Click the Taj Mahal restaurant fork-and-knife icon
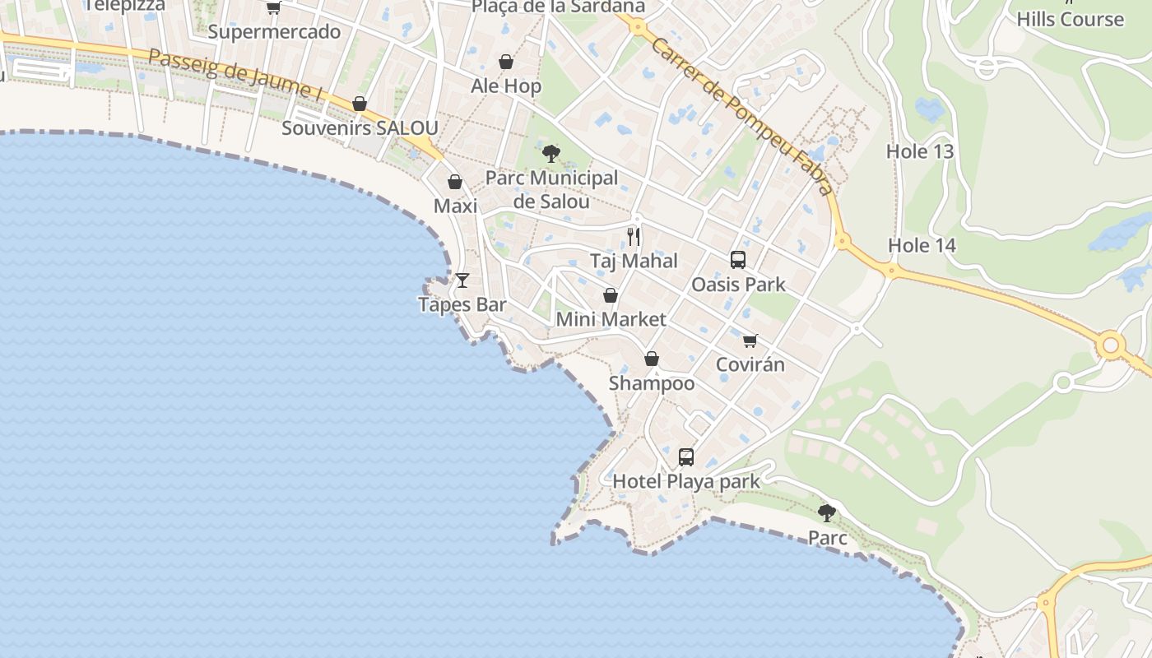click(634, 237)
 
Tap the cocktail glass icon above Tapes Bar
click(462, 280)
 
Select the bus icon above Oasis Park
click(738, 260)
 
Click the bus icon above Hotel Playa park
click(686, 457)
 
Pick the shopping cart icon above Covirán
click(750, 341)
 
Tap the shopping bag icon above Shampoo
click(652, 359)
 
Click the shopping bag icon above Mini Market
click(611, 295)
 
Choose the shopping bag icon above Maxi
click(455, 182)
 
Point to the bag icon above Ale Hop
click(506, 62)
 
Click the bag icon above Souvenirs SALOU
click(360, 104)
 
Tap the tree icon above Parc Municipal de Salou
click(551, 153)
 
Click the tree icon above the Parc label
click(827, 513)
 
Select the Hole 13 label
click(920, 151)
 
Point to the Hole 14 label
click(922, 245)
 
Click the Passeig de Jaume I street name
click(235, 74)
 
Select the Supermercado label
click(274, 32)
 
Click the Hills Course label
click(1070, 19)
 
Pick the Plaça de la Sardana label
click(558, 7)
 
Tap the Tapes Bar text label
click(462, 304)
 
